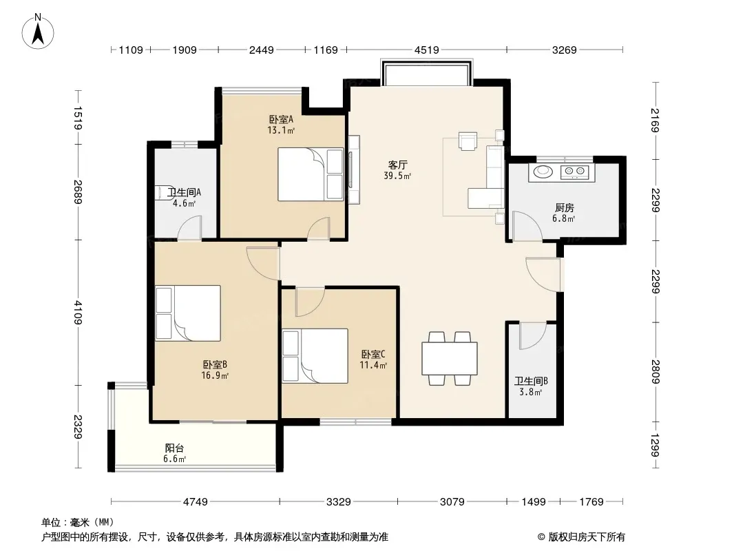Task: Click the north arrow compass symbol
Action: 38,32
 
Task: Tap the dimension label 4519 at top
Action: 426,50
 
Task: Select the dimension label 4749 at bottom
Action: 195,502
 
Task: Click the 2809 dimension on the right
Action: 656,371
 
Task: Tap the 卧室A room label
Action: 281,120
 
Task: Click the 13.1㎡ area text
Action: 281,131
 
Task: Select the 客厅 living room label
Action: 397,165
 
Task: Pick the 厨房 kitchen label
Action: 564,207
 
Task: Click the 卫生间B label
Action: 531,381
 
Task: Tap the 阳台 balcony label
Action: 174,448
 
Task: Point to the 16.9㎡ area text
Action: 215,375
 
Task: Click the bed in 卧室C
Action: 315,356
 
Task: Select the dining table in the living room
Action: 450,359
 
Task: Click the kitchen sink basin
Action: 543,171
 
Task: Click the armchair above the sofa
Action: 468,141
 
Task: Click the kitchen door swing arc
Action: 527,226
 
